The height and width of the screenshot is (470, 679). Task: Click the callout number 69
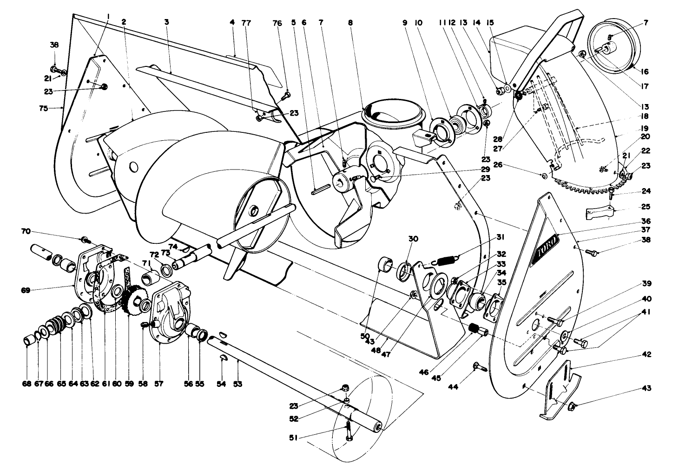(26, 290)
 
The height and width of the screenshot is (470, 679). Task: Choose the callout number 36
(646, 222)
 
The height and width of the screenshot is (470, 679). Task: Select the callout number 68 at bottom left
(27, 384)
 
